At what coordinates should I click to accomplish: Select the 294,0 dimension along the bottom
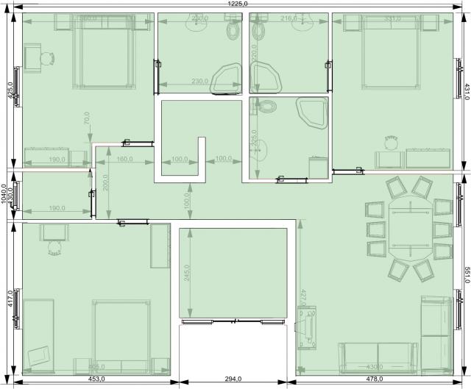(x=233, y=379)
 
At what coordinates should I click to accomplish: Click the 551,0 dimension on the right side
(x=466, y=271)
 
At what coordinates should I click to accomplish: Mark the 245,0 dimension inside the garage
(x=186, y=273)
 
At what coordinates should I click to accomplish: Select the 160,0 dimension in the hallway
(x=124, y=159)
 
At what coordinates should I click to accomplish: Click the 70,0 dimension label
(x=87, y=118)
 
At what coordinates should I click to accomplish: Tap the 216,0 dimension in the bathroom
(x=290, y=18)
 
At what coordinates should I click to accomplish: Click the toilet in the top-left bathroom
(x=234, y=30)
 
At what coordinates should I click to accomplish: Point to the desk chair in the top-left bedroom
(x=48, y=58)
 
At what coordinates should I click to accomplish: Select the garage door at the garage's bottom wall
(x=233, y=321)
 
